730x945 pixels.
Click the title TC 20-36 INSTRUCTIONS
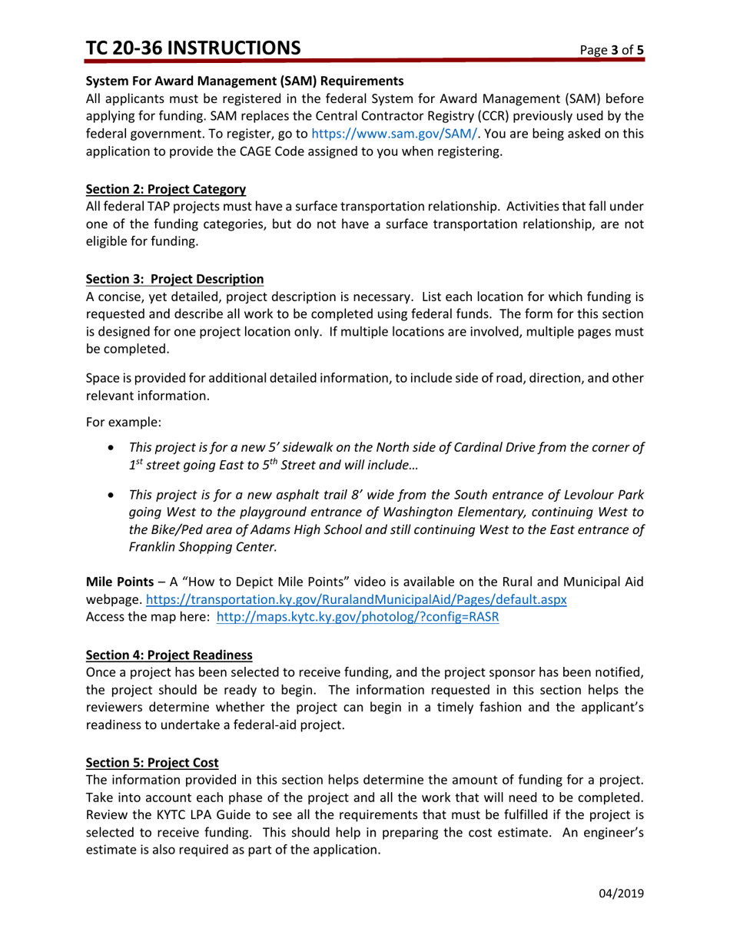coord(193,48)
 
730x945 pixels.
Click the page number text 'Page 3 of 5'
coord(612,51)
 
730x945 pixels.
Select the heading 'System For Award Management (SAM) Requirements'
coord(244,81)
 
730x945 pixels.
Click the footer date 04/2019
coord(621,894)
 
